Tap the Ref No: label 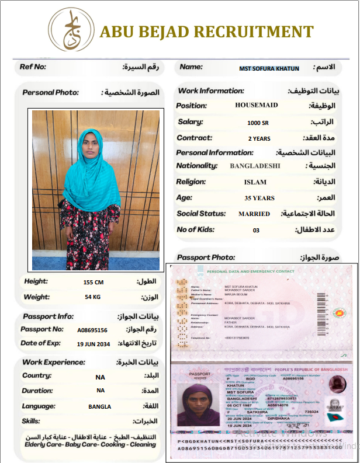point(33,67)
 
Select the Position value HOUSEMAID point(257,106)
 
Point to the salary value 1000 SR point(258,123)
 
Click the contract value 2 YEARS point(259,139)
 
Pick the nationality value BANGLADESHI point(255,166)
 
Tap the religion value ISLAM point(255,182)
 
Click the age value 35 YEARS point(259,198)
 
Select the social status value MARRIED point(254,214)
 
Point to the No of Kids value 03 point(256,230)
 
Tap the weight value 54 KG point(93,298)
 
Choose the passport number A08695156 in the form point(92,330)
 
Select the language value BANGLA point(100,406)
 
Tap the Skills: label point(31,421)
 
